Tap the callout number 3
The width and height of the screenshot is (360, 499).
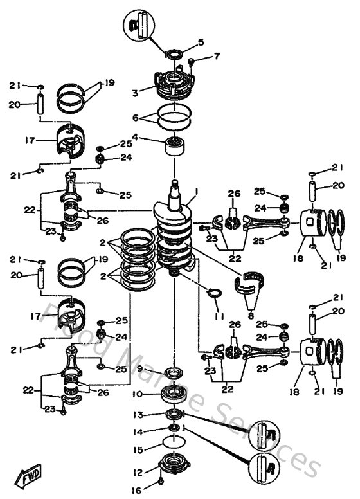coord(135,93)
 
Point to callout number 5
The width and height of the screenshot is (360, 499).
coord(201,42)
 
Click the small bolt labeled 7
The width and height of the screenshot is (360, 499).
coord(192,62)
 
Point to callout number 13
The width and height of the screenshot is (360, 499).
coord(139,415)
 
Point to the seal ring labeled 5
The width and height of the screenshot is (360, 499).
coord(174,54)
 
